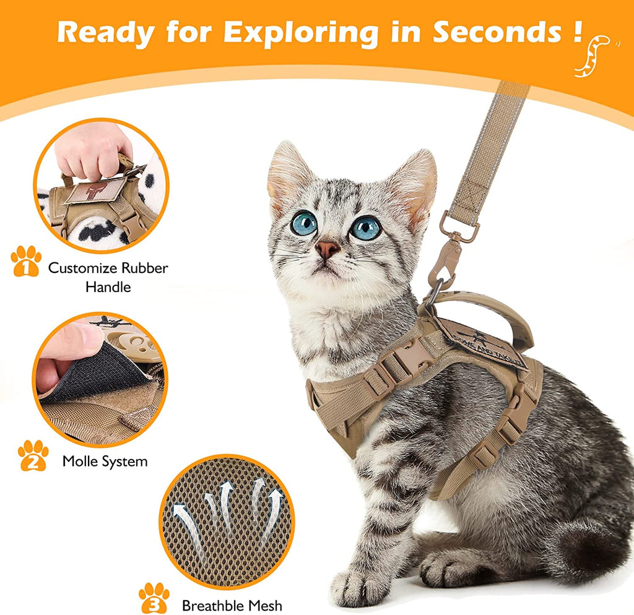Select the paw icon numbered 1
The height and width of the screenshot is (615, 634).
point(26,261)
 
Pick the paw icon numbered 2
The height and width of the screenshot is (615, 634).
point(33,455)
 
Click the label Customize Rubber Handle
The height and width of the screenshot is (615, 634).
point(108,277)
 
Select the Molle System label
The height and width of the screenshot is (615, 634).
point(105,462)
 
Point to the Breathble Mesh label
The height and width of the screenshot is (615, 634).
point(232,605)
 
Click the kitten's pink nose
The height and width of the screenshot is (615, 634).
point(327,249)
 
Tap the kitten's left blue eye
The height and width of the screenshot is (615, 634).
point(304,223)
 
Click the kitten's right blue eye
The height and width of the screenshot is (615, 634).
point(366,228)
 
